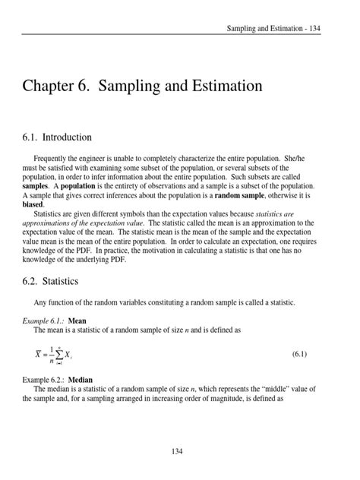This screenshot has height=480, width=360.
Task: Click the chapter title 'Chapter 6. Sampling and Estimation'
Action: (142, 86)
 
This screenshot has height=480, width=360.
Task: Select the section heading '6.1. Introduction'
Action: (57, 137)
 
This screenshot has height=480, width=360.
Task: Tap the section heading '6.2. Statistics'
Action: (50, 281)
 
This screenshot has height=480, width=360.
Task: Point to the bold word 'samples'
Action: (35, 185)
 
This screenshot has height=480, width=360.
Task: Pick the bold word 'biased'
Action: (33, 204)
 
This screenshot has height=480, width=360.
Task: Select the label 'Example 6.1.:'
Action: (44, 321)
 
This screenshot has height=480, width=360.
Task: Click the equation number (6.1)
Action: (299, 354)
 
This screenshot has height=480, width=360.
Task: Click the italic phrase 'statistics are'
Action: (293, 213)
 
